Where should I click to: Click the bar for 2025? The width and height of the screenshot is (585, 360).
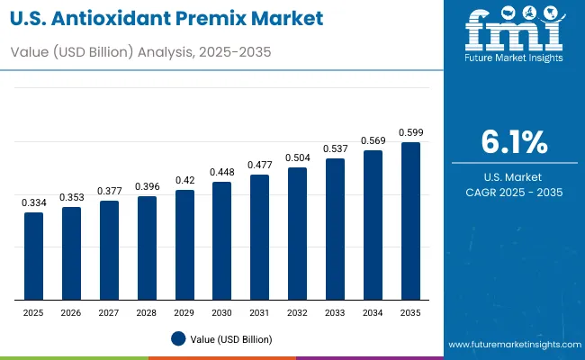click(33, 256)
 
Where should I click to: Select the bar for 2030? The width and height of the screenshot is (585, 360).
click(221, 241)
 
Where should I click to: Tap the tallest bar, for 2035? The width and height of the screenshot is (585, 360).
click(409, 221)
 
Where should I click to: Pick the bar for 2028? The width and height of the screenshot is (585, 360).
click(147, 248)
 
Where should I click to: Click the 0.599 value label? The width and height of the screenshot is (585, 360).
click(409, 133)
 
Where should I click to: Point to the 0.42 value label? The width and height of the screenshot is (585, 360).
click(184, 179)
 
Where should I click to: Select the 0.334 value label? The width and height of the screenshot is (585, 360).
click(33, 202)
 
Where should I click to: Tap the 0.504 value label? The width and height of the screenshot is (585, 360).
click(297, 157)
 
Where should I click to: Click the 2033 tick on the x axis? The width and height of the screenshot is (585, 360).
click(335, 312)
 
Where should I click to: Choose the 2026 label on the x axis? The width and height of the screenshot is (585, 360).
click(71, 312)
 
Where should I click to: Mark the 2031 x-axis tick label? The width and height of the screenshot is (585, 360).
click(259, 312)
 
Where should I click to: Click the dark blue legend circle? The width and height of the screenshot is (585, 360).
click(178, 338)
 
